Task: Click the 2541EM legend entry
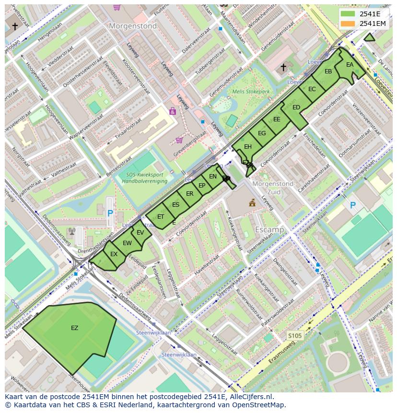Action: (x=372, y=24)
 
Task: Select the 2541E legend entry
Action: (x=369, y=13)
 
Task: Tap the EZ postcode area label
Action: (x=74, y=328)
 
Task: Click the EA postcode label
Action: (x=350, y=65)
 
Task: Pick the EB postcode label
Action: (x=328, y=71)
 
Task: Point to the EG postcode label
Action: (x=261, y=133)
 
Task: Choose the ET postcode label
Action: (x=161, y=217)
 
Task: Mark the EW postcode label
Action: (x=127, y=243)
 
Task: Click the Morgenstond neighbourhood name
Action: (x=133, y=26)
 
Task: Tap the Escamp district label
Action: (x=269, y=230)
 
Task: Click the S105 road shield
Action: (x=294, y=336)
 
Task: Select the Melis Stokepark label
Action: (x=251, y=92)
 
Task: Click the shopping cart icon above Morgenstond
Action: (x=117, y=7)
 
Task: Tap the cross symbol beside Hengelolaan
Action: (x=15, y=26)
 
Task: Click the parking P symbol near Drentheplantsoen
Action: (x=110, y=212)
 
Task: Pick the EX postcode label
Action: (x=114, y=254)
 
